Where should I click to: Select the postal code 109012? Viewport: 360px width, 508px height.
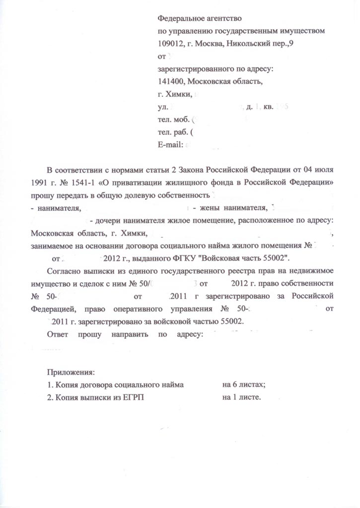[170, 44]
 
